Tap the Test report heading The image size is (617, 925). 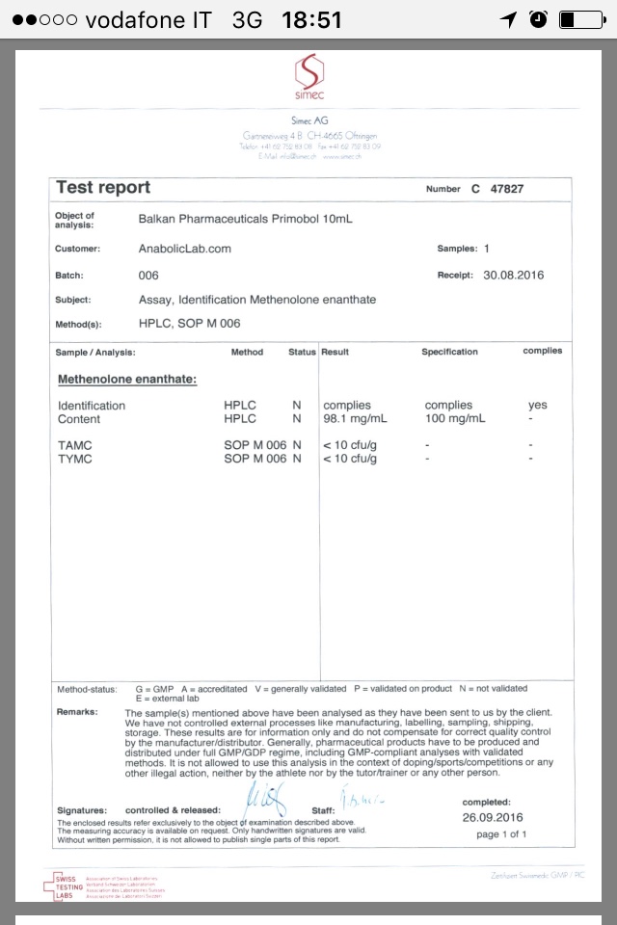pos(103,188)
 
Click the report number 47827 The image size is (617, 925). pos(507,189)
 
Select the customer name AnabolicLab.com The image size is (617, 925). pos(185,249)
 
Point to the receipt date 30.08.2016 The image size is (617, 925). pos(513,275)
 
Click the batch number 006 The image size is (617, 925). pos(148,275)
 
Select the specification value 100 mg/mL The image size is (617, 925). pos(455,419)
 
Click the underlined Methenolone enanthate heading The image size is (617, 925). pos(127,380)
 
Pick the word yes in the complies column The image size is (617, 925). pos(537,406)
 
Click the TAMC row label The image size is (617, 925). pos(74,445)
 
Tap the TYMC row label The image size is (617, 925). pos(74,459)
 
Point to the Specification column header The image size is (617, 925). pos(449,353)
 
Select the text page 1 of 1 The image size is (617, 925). pos(501,834)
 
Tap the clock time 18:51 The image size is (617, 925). pos(311,19)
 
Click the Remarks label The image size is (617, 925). pos(77,712)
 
